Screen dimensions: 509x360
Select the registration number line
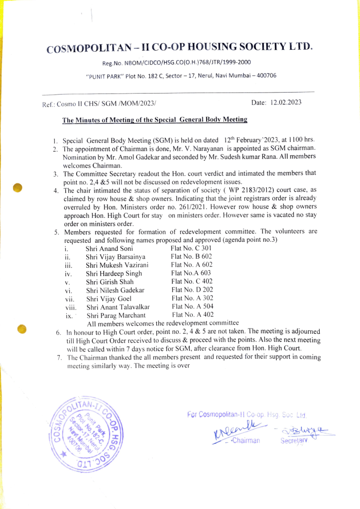click(x=176, y=63)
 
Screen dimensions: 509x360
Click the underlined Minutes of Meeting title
click(x=154, y=120)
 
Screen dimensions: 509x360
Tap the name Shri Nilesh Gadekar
click(x=115, y=290)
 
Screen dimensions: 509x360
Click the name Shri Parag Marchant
click(x=116, y=315)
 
